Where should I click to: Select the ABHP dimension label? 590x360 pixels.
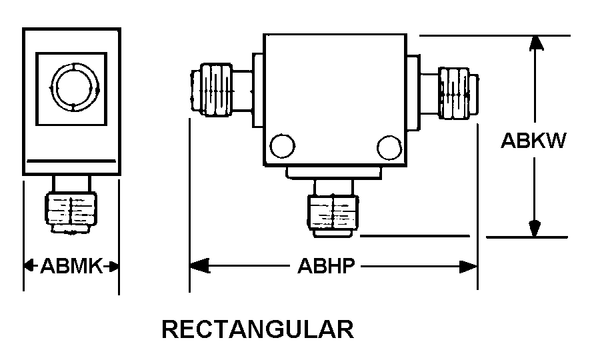[325, 267]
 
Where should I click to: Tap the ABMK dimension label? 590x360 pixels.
[71, 267]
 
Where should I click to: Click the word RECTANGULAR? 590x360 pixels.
[258, 329]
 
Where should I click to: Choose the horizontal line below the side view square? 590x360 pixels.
[71, 162]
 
